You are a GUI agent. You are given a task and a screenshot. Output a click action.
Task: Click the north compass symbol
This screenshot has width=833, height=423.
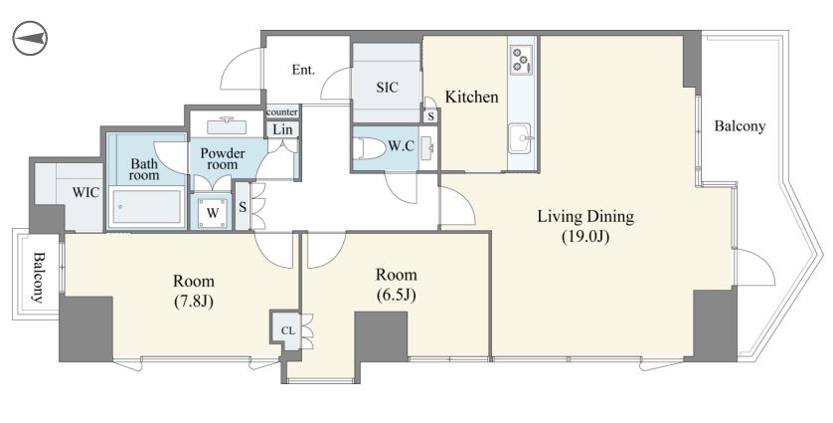pyautogui.click(x=30, y=38)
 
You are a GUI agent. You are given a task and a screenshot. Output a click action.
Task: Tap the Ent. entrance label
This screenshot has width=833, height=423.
pyautogui.click(x=303, y=70)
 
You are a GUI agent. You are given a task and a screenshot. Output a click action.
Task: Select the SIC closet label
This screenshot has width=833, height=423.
pyautogui.click(x=388, y=88)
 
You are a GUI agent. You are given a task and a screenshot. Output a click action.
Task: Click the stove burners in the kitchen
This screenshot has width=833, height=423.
pyautogui.click(x=521, y=60)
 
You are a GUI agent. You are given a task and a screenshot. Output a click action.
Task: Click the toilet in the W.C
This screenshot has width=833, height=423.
pyautogui.click(x=371, y=147)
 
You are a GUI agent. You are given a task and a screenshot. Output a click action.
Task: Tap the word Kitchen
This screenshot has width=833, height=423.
pyautogui.click(x=472, y=97)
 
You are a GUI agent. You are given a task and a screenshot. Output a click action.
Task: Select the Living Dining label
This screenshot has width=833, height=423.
pyautogui.click(x=585, y=217)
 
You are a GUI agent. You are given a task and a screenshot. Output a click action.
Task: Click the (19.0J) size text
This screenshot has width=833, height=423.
pyautogui.click(x=585, y=237)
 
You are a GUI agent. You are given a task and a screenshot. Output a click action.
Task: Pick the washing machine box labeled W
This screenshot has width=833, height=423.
pyautogui.click(x=213, y=213)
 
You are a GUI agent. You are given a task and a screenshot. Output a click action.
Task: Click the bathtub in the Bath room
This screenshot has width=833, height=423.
pyautogui.click(x=147, y=206)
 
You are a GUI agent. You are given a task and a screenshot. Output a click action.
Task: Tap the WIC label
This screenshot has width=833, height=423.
pyautogui.click(x=85, y=192)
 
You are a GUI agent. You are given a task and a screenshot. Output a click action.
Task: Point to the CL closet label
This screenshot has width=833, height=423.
pyautogui.click(x=287, y=331)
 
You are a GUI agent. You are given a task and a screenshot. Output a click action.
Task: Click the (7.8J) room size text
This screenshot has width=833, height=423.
pyautogui.click(x=194, y=302)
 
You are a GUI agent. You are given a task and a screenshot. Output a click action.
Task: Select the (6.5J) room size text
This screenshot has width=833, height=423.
pyautogui.click(x=396, y=295)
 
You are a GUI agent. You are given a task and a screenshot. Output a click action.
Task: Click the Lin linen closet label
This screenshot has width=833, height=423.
pyautogui.click(x=282, y=129)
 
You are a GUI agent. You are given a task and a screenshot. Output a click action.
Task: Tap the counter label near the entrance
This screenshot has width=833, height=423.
pyautogui.click(x=282, y=112)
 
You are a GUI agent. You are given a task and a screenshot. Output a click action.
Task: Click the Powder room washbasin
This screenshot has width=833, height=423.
pyautogui.click(x=227, y=126)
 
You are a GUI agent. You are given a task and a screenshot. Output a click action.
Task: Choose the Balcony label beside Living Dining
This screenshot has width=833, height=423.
pyautogui.click(x=740, y=126)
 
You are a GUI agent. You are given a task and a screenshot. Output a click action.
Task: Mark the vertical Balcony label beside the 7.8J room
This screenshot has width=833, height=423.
pyautogui.click(x=38, y=278)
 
